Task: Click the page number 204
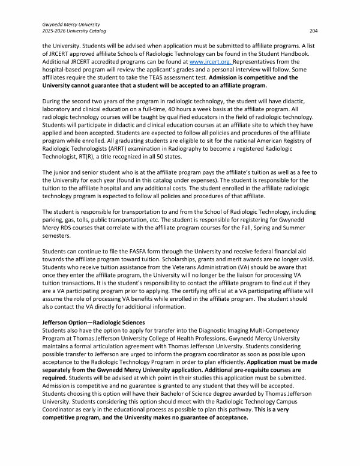[313, 30]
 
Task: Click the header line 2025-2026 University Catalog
[71, 30]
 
